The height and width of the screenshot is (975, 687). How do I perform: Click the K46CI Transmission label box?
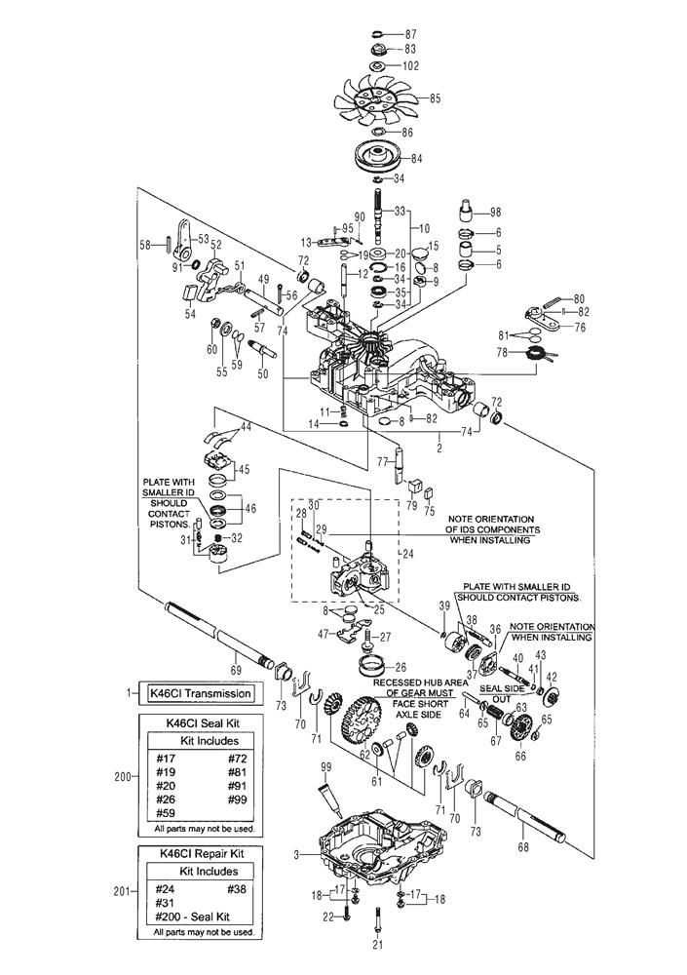click(198, 694)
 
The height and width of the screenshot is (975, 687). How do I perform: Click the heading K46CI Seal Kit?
click(198, 723)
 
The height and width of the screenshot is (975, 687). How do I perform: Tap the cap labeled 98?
click(467, 211)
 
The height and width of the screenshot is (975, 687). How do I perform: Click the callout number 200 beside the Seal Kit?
click(120, 777)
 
